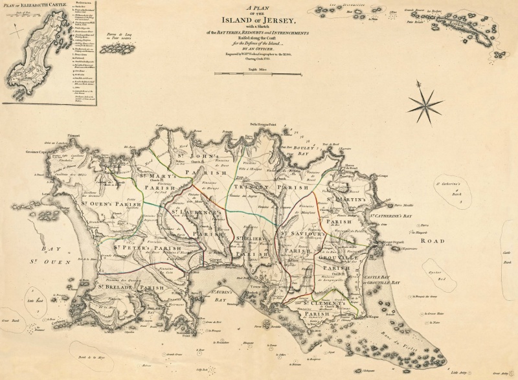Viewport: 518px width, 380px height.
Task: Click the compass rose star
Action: (425, 102)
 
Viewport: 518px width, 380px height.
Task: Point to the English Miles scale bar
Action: (258, 74)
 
